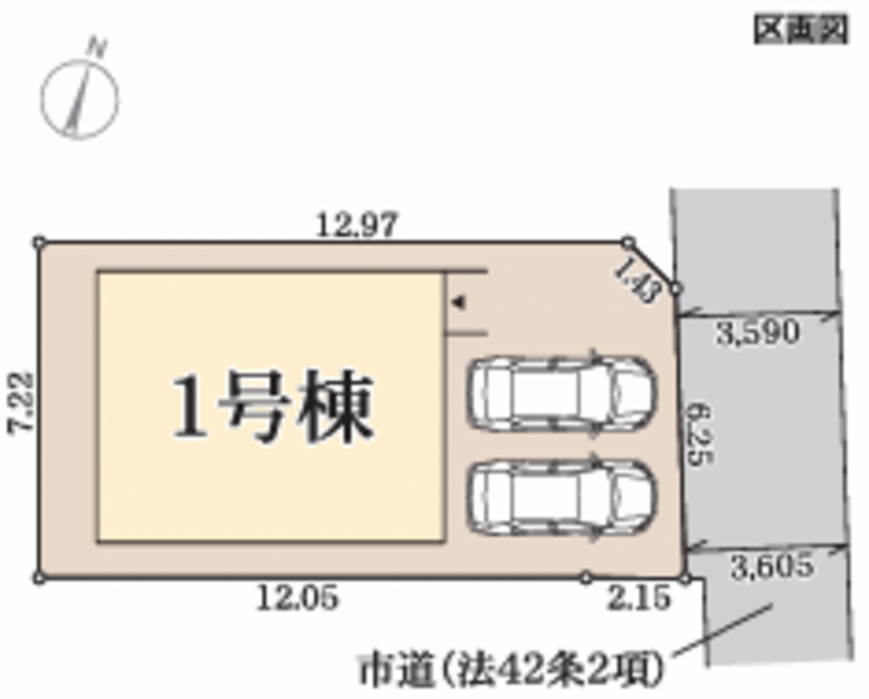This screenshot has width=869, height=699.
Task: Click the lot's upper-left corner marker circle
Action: [x=39, y=242]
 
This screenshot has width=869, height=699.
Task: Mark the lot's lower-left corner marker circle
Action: [x=38, y=579]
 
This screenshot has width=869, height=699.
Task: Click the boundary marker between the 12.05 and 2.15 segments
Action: [x=586, y=579]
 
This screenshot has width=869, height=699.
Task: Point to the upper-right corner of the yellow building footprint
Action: [x=444, y=272]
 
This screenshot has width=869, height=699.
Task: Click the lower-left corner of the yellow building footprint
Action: [x=98, y=541]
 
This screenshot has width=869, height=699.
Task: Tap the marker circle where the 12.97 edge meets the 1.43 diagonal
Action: [x=628, y=242]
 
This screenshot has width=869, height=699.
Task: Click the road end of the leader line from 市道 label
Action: [x=772, y=606]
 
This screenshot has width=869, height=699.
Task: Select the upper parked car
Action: [x=563, y=392]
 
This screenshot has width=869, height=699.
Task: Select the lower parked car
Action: [x=563, y=497]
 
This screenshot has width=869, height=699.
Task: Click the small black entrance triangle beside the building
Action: [x=459, y=303]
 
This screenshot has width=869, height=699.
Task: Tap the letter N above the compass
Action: [x=98, y=48]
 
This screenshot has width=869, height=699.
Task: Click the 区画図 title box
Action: [x=801, y=30]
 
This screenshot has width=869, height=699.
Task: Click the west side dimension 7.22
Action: [x=21, y=402]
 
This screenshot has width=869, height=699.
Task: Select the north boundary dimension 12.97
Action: [x=357, y=226]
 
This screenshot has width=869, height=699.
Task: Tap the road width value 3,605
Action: [x=771, y=566]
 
